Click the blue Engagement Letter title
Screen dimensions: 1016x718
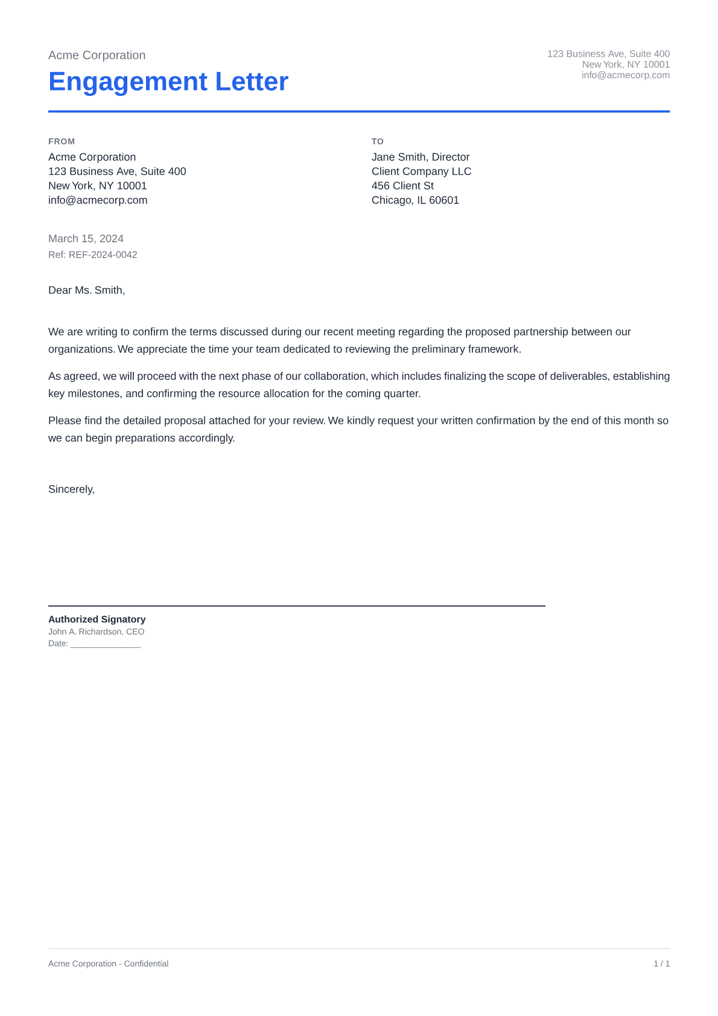pyautogui.click(x=168, y=81)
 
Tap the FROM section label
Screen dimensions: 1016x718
pyautogui.click(x=62, y=141)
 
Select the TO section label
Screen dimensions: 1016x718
pyautogui.click(x=378, y=141)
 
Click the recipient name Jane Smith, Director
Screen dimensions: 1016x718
pyautogui.click(x=421, y=157)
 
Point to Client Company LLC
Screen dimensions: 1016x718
pyautogui.click(x=421, y=171)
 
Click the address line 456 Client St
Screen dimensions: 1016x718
pyautogui.click(x=402, y=186)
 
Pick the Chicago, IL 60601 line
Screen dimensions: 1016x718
pyautogui.click(x=415, y=200)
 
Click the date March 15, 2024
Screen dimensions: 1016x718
pyautogui.click(x=86, y=239)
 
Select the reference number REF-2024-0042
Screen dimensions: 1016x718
pyautogui.click(x=103, y=255)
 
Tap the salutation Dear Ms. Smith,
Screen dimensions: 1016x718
pyautogui.click(x=86, y=290)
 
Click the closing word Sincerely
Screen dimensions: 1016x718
pyautogui.click(x=71, y=490)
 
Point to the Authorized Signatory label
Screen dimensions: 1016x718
pyautogui.click(x=97, y=619)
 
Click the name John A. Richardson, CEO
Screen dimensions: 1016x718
pyautogui.click(x=96, y=632)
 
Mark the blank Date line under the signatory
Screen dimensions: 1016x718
pyautogui.click(x=105, y=644)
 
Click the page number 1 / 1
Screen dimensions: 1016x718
pyautogui.click(x=661, y=964)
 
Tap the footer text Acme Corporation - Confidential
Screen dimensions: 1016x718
pyautogui.click(x=108, y=964)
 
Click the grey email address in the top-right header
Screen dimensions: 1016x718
pyautogui.click(x=626, y=75)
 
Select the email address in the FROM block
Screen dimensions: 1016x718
pyautogui.click(x=98, y=200)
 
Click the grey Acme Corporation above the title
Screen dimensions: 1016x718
pyautogui.click(x=97, y=56)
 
